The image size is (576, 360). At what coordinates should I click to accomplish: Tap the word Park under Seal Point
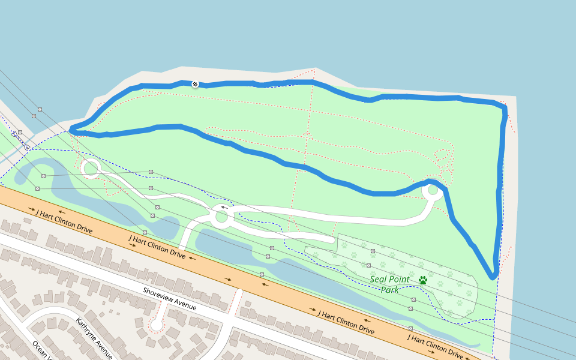[x=390, y=290]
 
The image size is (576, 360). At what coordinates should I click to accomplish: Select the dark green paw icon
[x=423, y=280]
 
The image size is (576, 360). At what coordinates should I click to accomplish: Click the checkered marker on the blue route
[x=195, y=84]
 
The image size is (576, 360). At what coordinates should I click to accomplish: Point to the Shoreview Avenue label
[x=170, y=298]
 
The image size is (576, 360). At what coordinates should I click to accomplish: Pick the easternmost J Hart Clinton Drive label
[x=435, y=346]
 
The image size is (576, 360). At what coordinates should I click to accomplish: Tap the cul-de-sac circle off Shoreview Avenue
[x=157, y=325]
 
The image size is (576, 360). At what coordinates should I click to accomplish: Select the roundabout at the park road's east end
[x=432, y=191]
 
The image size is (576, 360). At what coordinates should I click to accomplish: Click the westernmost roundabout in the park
[x=91, y=168]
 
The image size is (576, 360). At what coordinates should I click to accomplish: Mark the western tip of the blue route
[x=71, y=128]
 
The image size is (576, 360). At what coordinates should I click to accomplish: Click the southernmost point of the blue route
[x=493, y=277]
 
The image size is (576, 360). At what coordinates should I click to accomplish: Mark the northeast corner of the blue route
[x=505, y=107]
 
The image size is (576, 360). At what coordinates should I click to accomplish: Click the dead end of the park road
[x=332, y=239]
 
